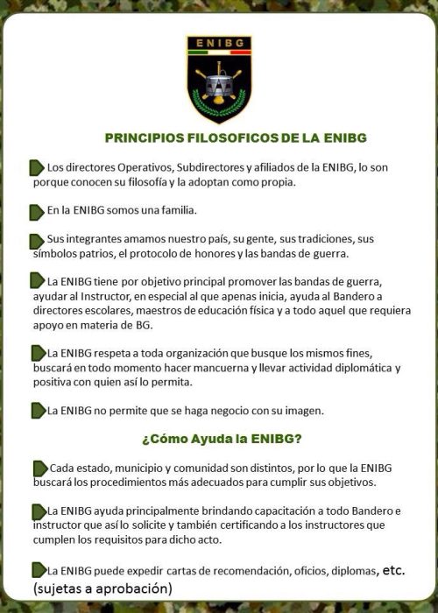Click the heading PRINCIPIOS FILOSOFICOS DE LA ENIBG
[235, 138]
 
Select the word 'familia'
[173, 211]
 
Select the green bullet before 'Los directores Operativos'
[37, 166]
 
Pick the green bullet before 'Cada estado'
[38, 468]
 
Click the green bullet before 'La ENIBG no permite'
[38, 410]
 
